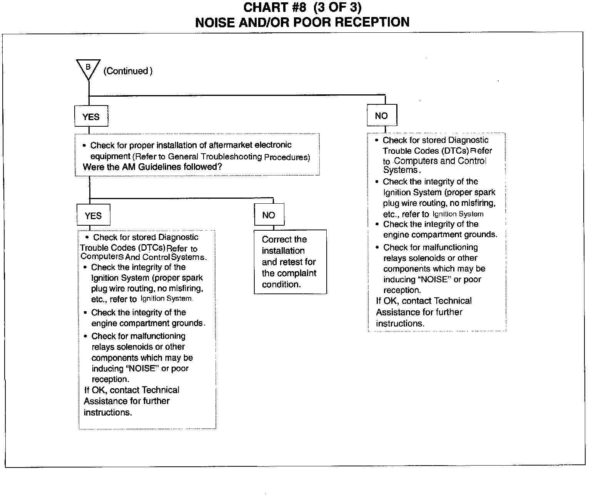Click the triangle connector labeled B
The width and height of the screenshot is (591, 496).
coord(88,68)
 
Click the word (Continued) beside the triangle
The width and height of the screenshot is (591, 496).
coord(128,71)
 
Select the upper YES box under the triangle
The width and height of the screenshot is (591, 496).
coord(91,116)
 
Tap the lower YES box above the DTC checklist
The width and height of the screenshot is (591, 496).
coord(93,215)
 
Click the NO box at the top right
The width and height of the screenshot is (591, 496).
coord(381,116)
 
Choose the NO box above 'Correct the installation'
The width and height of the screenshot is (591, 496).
coord(269,215)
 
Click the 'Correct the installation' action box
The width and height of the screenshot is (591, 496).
coord(290,262)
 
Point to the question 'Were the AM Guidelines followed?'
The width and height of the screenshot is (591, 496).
coord(152,167)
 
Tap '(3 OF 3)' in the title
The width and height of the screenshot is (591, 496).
coord(337,8)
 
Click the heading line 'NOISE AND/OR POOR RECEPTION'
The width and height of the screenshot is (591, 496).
coord(302,22)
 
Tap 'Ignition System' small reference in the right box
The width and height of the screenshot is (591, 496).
coord(458,214)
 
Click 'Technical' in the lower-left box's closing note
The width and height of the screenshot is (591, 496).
coord(161,390)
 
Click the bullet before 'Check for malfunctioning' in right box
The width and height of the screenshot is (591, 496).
coord(377,247)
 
